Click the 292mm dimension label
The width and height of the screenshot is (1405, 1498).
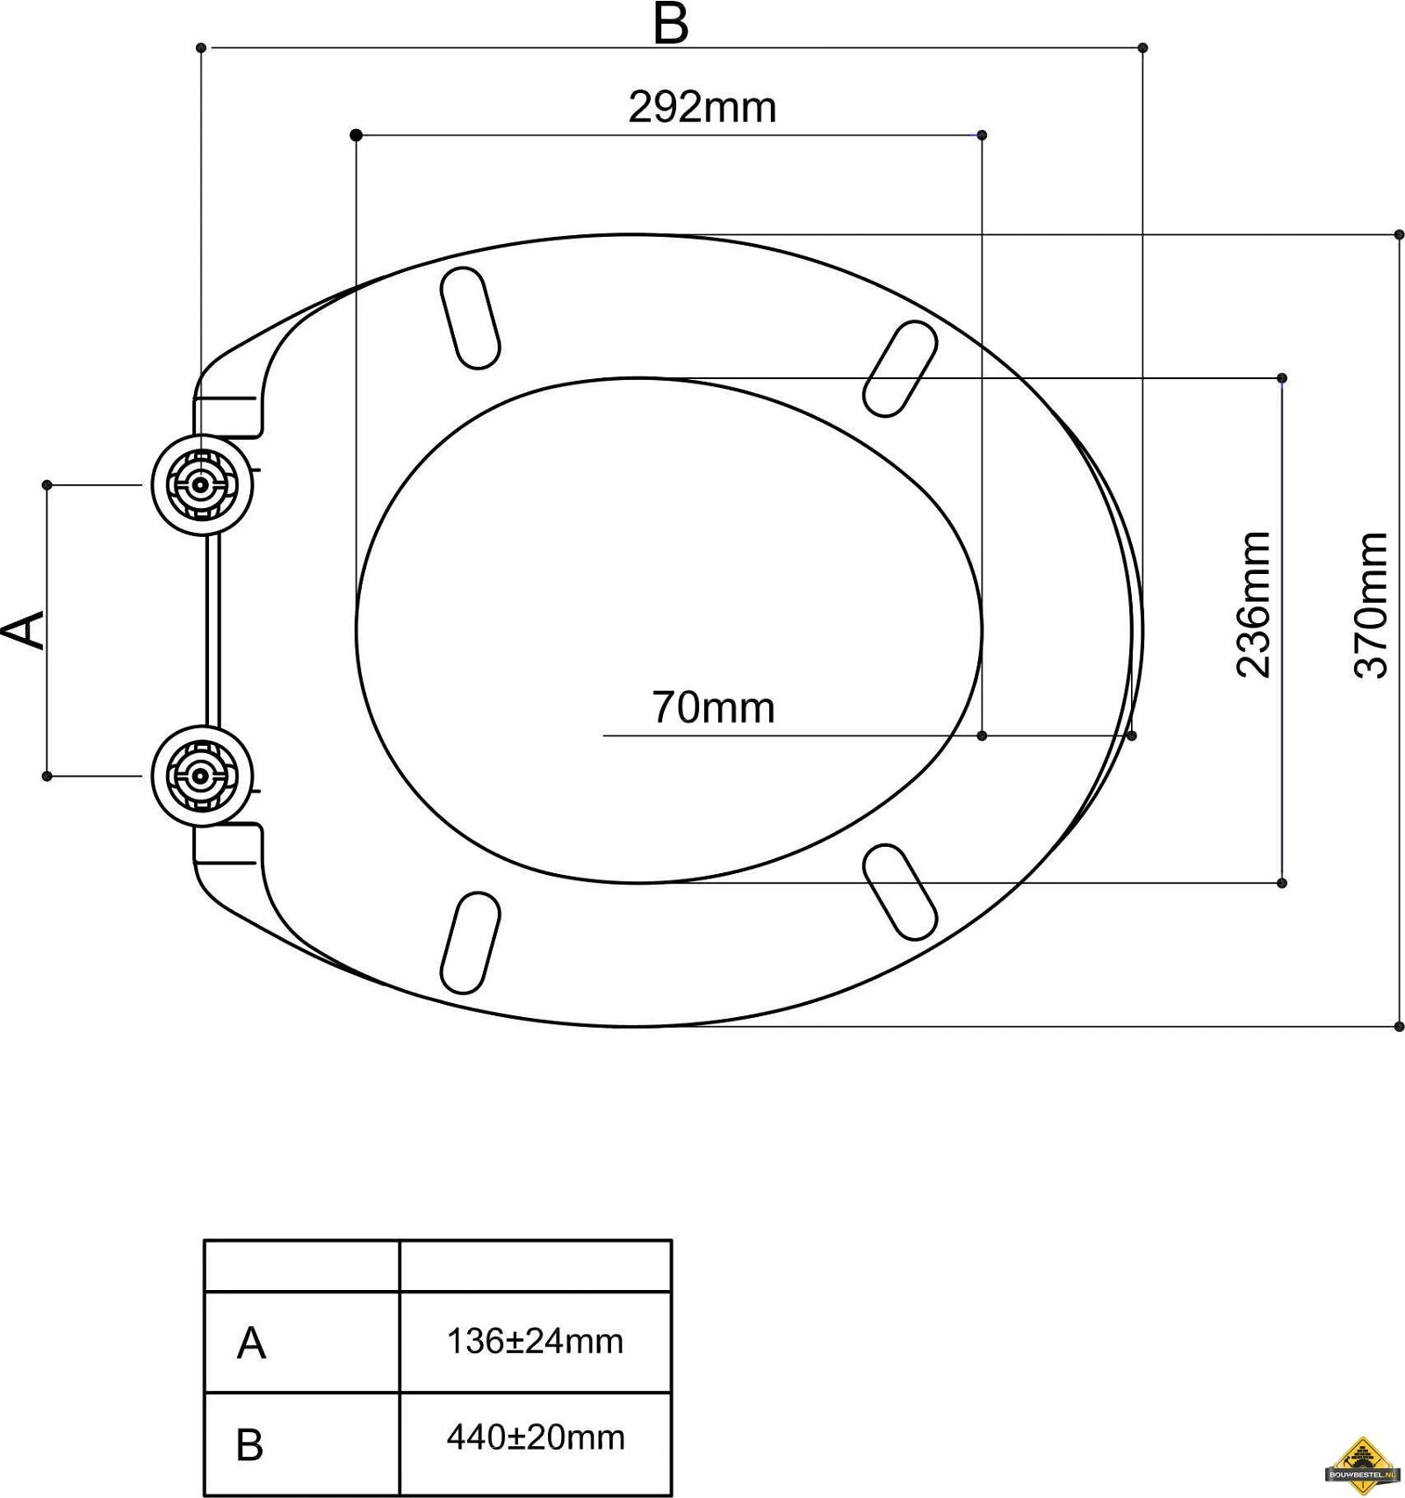pos(702,108)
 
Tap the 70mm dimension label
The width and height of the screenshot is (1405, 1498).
pos(713,708)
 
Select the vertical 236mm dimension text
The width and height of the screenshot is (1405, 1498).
pos(1253,605)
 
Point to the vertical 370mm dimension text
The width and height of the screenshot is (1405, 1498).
pos(1371,605)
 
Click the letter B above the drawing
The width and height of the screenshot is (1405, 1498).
pos(671,24)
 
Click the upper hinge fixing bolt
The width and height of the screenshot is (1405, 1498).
pos(202,484)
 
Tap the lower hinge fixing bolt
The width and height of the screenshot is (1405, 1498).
pos(202,776)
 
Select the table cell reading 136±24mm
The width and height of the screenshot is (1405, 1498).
pos(535,1341)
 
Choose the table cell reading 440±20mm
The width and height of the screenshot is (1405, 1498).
pos(536,1437)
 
